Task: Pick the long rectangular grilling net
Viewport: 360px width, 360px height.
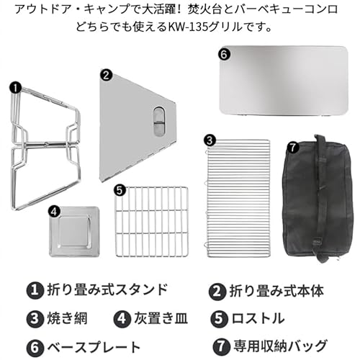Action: (238, 198)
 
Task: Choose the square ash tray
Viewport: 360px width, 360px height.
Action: (72, 233)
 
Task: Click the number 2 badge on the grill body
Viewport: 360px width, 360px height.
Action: (106, 74)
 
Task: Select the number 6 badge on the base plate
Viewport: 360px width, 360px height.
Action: (224, 54)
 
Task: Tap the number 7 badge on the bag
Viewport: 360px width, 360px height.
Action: (292, 147)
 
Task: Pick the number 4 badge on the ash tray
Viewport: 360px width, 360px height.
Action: (54, 211)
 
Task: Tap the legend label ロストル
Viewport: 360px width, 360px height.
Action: (259, 318)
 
